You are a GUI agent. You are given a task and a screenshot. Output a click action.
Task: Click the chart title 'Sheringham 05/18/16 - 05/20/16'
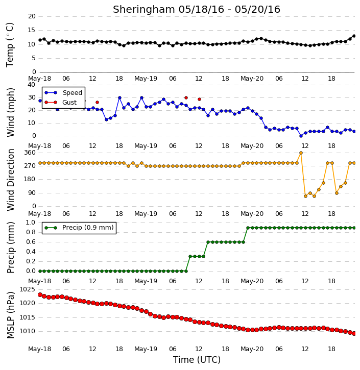pos(197,10)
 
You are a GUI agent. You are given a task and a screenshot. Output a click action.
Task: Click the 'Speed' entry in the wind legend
pos(72,93)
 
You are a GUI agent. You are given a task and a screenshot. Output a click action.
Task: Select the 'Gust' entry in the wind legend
pos(69,103)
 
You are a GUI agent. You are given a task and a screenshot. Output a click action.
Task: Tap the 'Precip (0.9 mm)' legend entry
pos(88,228)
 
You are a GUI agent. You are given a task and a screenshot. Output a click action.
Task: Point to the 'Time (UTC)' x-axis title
pos(197,360)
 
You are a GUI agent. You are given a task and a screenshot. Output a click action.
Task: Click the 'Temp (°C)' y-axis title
pos(10,45)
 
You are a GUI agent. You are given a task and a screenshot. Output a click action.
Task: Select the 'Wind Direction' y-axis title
pos(11,180)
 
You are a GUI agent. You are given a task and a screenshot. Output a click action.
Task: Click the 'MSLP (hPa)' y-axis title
pos(11,315)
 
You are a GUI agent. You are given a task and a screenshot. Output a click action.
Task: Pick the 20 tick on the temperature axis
pos(32,16)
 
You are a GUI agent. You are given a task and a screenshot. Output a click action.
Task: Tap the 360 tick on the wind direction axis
pos(30,153)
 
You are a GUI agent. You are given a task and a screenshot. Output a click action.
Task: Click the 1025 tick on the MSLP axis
pos(27,289)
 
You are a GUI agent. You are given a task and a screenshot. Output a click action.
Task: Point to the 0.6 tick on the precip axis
pos(31,242)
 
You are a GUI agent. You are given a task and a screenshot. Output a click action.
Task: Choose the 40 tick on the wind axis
pos(32,85)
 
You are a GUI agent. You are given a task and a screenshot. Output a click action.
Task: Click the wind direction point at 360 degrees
pos(301,153)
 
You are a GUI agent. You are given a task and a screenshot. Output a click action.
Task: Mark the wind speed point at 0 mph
pos(301,136)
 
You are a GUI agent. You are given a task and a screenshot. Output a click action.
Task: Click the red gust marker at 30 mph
pos(186,97)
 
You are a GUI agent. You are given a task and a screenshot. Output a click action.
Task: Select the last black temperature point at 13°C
pos(354,36)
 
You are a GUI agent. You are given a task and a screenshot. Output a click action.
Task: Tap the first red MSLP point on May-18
pos(40,295)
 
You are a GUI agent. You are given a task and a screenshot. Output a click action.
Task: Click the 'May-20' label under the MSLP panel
pos(252,349)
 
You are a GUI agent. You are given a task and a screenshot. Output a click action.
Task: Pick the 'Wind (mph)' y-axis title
pos(11,112)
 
